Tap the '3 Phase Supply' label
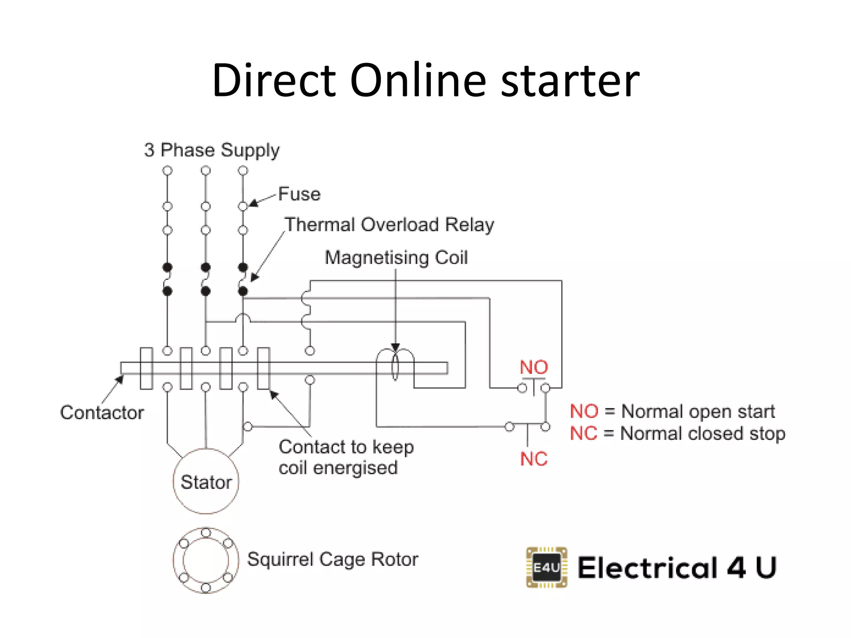(212, 150)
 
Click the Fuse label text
(299, 194)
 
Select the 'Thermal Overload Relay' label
(389, 225)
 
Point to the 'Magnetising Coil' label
(396, 258)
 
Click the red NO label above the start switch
(534, 368)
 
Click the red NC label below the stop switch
(534, 459)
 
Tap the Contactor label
(102, 413)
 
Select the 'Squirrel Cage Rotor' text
(332, 559)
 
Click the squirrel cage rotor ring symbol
(206, 560)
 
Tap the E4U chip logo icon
(546, 567)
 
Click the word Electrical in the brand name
(647, 568)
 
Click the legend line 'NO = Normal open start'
(672, 412)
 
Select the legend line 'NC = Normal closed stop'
(677, 434)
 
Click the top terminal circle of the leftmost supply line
(167, 171)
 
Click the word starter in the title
(570, 81)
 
